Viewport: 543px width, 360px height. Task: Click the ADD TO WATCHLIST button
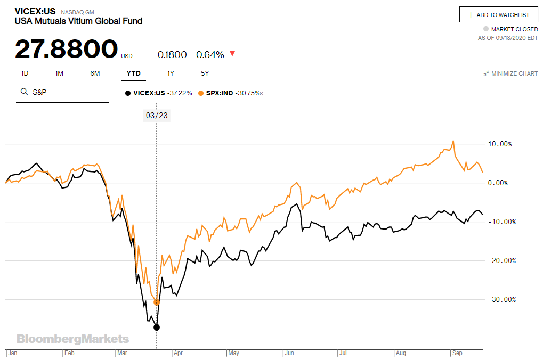pyautogui.click(x=499, y=15)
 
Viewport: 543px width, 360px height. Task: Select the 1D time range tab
pyautogui.click(x=25, y=73)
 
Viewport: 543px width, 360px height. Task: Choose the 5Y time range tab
pyautogui.click(x=205, y=73)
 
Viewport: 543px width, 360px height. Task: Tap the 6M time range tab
pyautogui.click(x=95, y=73)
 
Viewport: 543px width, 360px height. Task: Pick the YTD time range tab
pyautogui.click(x=133, y=73)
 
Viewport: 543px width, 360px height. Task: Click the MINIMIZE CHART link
pyautogui.click(x=510, y=73)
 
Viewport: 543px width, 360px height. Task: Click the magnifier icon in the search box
pyautogui.click(x=24, y=92)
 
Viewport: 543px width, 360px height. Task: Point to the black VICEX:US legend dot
pyautogui.click(x=127, y=93)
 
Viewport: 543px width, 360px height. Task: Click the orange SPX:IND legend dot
pyautogui.click(x=201, y=93)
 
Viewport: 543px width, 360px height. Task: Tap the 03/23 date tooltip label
pyautogui.click(x=156, y=115)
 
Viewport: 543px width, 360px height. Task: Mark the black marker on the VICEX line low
pyautogui.click(x=157, y=327)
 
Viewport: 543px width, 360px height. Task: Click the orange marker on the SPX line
pyautogui.click(x=157, y=302)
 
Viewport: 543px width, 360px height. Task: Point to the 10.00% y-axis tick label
pyautogui.click(x=500, y=144)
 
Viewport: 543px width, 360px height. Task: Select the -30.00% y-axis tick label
pyautogui.click(x=501, y=299)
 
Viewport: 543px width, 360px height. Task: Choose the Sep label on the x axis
pyautogui.click(x=457, y=353)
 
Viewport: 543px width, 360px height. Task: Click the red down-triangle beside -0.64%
pyautogui.click(x=232, y=54)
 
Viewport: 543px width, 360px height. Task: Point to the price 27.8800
pyautogui.click(x=66, y=50)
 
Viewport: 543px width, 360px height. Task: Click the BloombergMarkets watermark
pyautogui.click(x=72, y=339)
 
